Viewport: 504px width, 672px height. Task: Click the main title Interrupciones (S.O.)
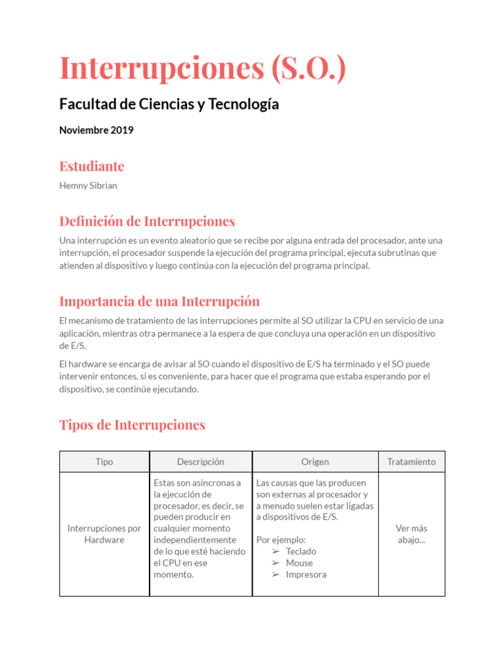pos(202,68)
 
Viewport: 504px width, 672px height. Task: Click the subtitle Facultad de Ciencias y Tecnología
pos(169,104)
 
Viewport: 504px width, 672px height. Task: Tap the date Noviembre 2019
pos(96,130)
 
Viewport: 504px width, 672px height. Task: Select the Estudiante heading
pos(91,166)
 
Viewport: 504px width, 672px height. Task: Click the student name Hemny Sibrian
pos(88,186)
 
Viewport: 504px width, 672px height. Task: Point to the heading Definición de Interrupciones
pos(147,221)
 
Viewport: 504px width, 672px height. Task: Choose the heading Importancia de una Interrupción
pos(159,302)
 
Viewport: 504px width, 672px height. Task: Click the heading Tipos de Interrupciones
pos(132,425)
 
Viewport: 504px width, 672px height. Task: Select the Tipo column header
pos(104,462)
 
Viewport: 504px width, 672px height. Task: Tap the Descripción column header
pos(200,462)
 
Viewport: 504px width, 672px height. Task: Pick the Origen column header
pos(315,462)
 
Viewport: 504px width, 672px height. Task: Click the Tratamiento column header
pos(411,462)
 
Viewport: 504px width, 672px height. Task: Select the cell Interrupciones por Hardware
pos(104,534)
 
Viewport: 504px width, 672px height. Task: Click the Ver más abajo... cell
pos(411,534)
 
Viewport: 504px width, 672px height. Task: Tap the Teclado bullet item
pos(301,552)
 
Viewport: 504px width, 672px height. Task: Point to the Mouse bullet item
pos(299,563)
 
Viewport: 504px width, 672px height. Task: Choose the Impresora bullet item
pos(306,575)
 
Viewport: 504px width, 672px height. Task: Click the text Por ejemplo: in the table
pos(281,540)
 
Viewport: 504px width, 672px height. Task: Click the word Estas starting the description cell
pos(165,483)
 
